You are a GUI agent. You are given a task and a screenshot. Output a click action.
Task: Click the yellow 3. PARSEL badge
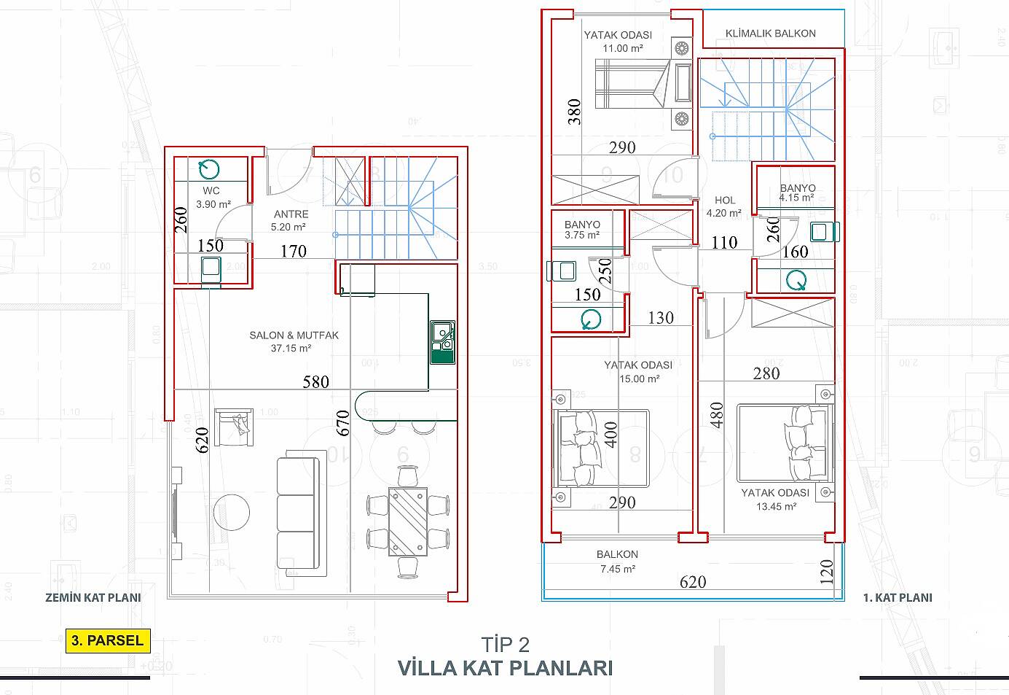[x=108, y=640]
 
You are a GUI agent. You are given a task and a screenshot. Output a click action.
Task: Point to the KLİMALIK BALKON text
[x=770, y=34]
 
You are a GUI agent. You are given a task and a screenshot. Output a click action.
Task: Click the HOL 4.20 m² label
[x=724, y=206]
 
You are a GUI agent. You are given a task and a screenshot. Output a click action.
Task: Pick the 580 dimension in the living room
[x=315, y=382]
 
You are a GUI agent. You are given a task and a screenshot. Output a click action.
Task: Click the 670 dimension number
[x=343, y=423]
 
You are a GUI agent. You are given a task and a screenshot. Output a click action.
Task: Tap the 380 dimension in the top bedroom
[x=574, y=112]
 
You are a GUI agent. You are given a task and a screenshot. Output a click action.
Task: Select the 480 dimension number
[x=717, y=415]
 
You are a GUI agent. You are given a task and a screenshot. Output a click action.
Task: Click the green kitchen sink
[x=442, y=342]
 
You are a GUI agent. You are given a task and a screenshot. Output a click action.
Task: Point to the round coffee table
[x=232, y=513]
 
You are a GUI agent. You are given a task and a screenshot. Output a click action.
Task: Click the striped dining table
[x=408, y=521]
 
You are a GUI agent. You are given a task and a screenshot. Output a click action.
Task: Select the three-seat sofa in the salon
[x=301, y=513]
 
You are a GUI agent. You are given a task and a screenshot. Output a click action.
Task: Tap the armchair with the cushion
[x=233, y=427]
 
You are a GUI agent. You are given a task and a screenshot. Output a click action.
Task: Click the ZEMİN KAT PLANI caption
[x=93, y=597]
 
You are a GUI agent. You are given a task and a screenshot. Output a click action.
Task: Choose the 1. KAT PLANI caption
[x=898, y=597]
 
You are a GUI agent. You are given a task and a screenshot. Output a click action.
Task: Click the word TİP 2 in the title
[x=505, y=645]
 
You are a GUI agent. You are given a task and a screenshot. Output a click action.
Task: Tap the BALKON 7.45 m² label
[x=618, y=562]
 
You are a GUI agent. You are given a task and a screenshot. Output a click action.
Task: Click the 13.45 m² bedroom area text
[x=776, y=506]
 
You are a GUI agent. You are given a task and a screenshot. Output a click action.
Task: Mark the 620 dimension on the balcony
[x=693, y=582]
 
